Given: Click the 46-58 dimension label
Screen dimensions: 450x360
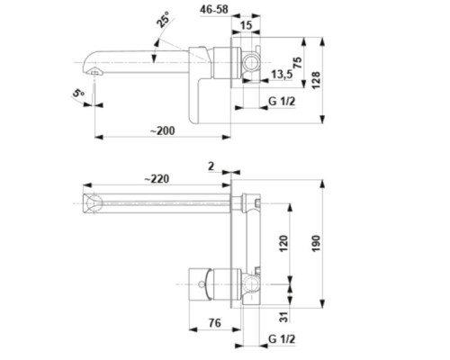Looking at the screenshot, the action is pos(214,9).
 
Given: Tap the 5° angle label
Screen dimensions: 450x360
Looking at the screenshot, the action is pos(78,93).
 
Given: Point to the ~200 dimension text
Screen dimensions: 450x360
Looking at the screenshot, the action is pos(162,130).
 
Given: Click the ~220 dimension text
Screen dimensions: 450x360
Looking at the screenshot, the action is pos(157,179).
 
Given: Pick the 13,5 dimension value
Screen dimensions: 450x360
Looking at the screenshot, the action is pos(282,74).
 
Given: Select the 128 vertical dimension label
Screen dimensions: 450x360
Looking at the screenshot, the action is pos(316,80).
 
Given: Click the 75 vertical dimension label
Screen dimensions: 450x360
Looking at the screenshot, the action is pos(297,63).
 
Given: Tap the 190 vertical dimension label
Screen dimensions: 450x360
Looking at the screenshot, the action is pos(316,243).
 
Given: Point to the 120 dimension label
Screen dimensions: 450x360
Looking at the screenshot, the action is pos(283,243).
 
